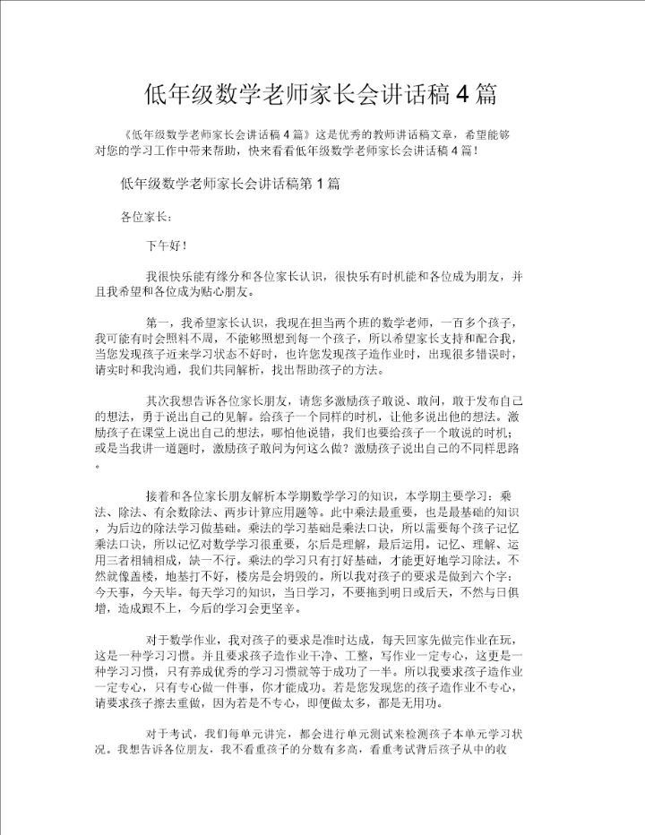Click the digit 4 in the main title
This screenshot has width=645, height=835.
coord(460,94)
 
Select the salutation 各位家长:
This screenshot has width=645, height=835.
coord(141,216)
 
